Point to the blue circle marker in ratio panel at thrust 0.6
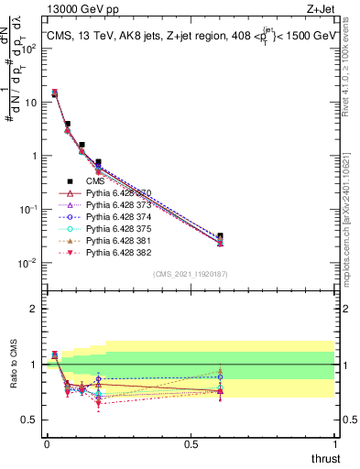tap(220, 377)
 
